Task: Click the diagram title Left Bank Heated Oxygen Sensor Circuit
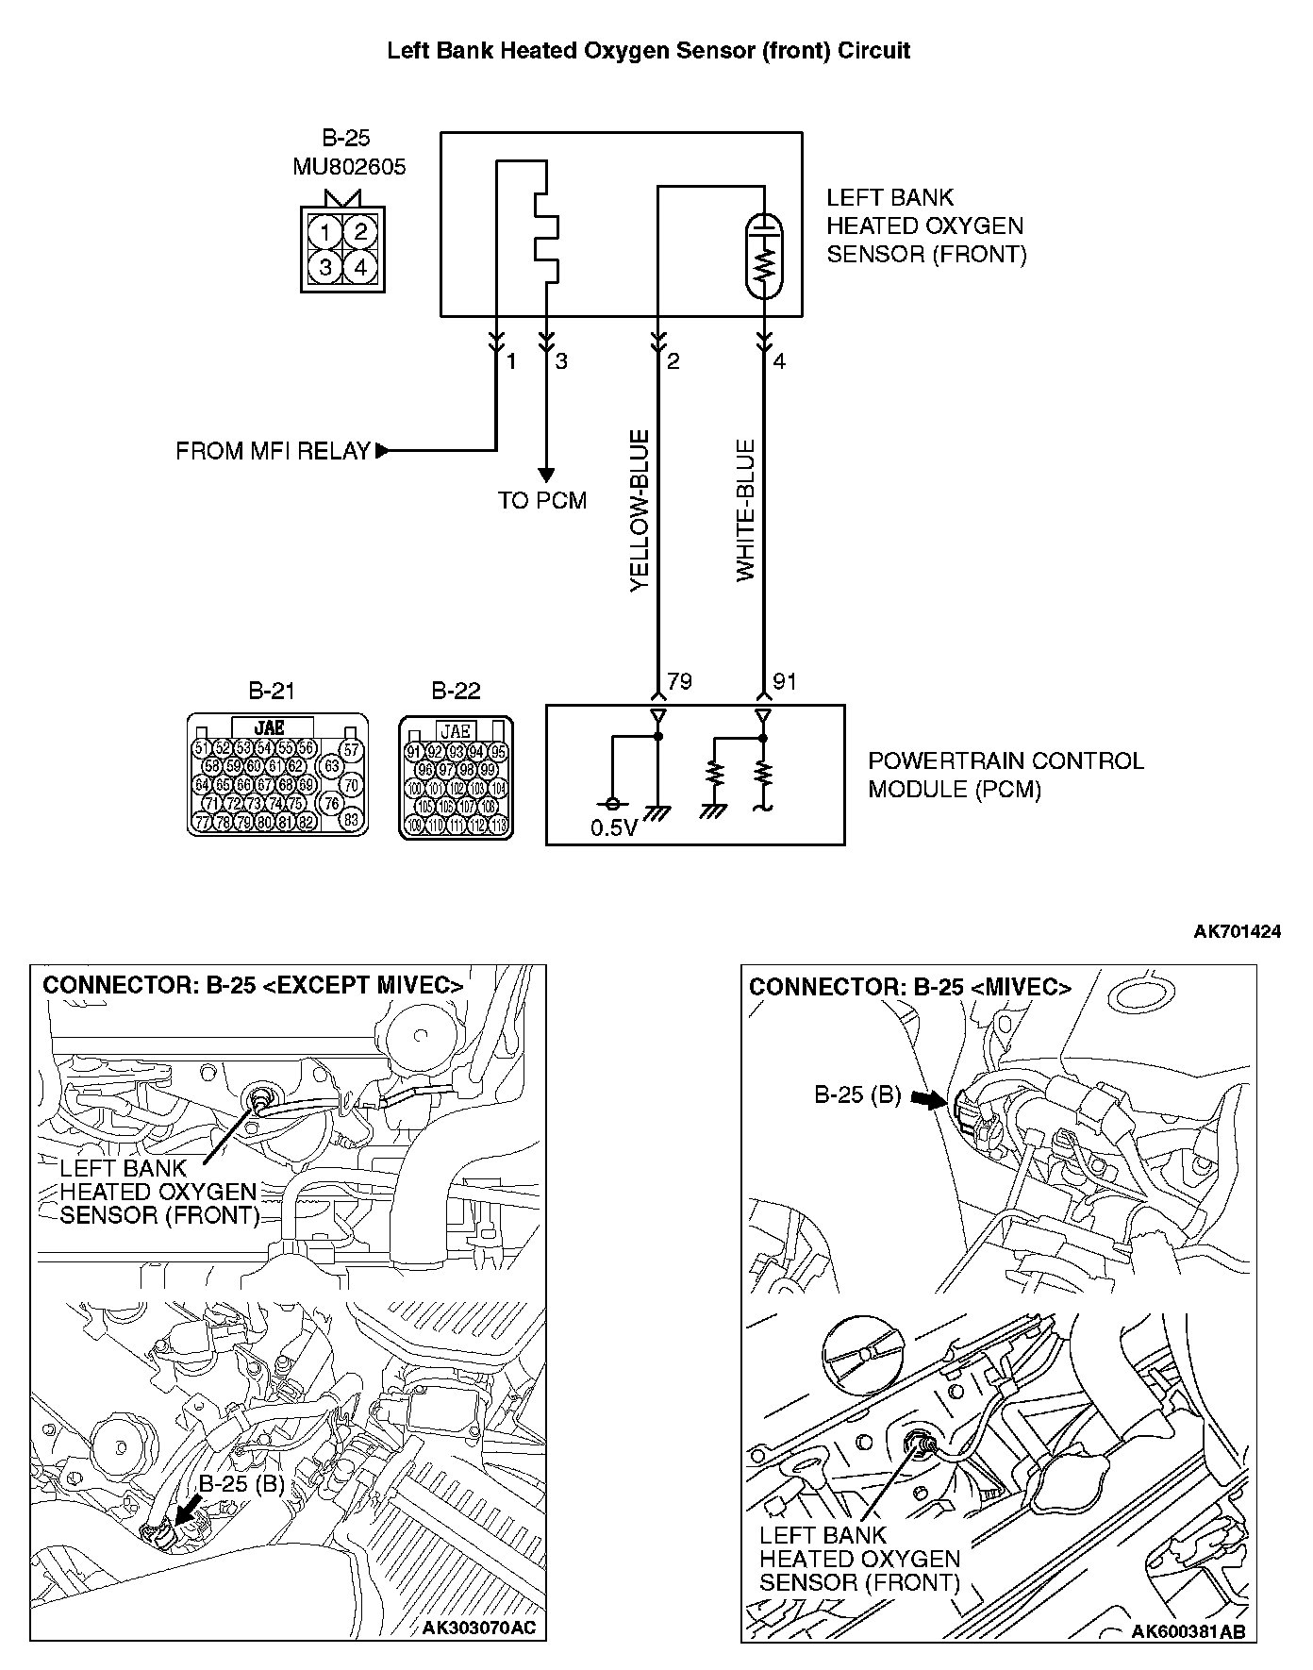649,51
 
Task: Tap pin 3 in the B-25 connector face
324,267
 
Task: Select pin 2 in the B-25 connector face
360,232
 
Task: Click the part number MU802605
349,167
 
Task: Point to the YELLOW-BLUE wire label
640,510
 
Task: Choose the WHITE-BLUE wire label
746,510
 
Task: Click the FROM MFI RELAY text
273,451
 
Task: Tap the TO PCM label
542,500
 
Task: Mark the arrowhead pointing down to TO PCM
545,475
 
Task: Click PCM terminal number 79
679,681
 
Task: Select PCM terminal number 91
785,681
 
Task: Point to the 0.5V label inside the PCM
614,829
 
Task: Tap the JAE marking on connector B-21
271,727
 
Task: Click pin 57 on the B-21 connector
351,751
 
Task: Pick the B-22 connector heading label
456,692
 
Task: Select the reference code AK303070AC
484,1628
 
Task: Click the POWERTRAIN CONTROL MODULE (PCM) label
1005,775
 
